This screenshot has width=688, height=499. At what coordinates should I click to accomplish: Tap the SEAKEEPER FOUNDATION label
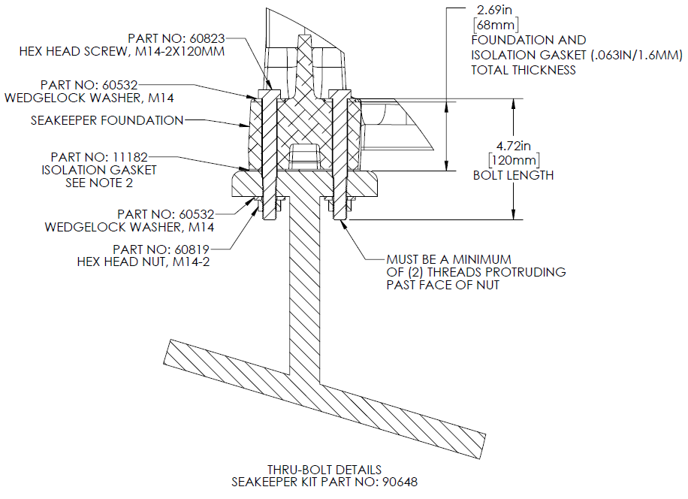(107, 120)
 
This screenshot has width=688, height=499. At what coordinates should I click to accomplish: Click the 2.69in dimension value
(495, 11)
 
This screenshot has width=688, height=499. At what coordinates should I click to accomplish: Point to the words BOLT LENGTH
(514, 175)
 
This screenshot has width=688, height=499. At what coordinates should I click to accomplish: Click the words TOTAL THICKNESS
(524, 69)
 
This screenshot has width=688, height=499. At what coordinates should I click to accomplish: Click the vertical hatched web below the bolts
(305, 301)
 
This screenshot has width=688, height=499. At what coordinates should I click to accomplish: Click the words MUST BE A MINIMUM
(449, 259)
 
